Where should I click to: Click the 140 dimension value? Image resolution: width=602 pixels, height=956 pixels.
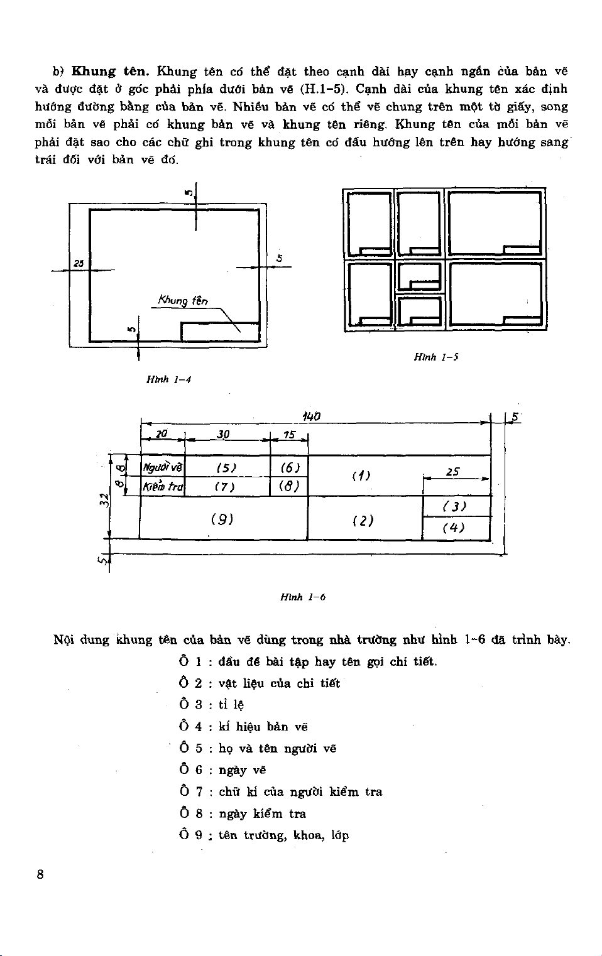311,416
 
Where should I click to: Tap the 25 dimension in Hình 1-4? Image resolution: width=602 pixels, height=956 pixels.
79,263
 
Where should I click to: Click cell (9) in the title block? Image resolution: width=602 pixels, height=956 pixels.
222,519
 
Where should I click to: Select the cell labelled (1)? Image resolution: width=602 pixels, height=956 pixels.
361,475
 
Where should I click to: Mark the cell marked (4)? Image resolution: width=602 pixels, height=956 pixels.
455,528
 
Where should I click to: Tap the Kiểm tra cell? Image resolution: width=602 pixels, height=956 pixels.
162,487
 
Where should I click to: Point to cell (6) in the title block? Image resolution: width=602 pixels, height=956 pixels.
290,467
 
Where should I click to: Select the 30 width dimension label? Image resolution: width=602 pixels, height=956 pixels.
223,435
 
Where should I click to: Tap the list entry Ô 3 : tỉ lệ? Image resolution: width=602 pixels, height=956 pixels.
212,705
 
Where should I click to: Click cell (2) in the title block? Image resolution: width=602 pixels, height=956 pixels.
363,521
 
